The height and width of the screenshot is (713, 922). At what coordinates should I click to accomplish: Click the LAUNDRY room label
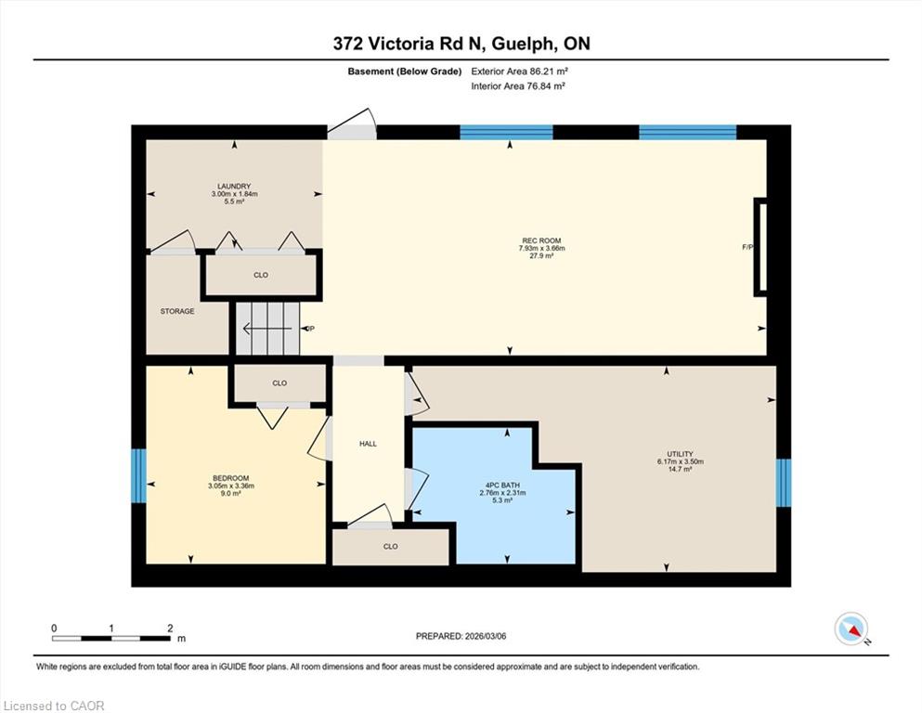234,187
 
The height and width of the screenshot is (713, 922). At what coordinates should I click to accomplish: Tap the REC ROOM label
541,240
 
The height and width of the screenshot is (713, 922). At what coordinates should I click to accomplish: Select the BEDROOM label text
230,478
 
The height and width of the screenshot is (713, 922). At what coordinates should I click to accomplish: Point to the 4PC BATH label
502,485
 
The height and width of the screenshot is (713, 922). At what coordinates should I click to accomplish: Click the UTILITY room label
680,454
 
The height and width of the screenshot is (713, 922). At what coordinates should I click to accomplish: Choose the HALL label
368,444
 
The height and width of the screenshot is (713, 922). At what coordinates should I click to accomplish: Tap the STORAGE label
177,311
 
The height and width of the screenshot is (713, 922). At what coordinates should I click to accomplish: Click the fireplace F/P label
747,248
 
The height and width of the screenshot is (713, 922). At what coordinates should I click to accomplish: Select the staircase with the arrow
268,329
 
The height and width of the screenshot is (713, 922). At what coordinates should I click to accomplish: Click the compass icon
851,629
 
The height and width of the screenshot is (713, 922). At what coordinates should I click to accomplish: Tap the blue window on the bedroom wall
138,475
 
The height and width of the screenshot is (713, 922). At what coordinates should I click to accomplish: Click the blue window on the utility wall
784,483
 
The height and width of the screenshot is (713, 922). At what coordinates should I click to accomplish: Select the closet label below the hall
391,546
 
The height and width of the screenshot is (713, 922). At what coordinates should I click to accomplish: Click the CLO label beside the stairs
261,275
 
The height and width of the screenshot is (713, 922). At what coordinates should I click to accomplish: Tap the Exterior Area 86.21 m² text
519,71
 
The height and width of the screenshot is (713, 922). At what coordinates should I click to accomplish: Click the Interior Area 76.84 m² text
518,85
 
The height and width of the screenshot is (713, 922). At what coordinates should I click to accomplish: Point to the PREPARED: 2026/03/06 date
461,636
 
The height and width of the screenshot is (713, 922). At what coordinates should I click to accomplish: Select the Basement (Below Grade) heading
405,71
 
